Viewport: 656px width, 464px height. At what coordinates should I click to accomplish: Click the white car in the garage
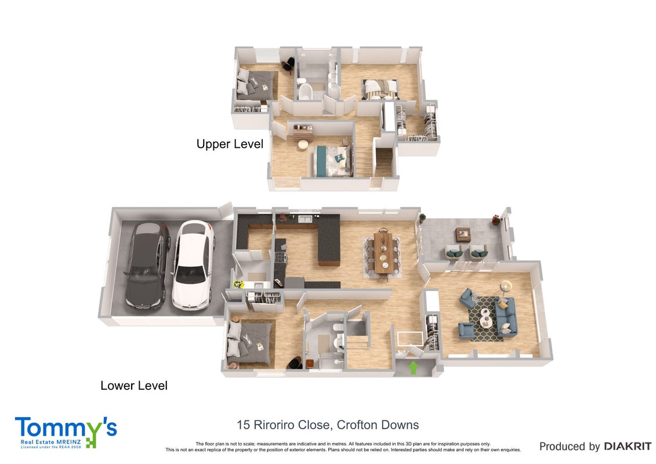click(193, 264)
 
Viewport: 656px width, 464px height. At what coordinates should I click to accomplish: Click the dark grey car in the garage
click(148, 266)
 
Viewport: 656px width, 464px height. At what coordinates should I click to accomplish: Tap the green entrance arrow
click(414, 367)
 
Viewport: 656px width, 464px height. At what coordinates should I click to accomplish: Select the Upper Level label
click(230, 144)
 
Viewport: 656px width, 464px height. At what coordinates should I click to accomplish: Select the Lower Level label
click(134, 385)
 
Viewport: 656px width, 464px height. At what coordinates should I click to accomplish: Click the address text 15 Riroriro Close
click(283, 425)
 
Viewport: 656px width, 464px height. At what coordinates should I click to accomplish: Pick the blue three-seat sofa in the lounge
click(506, 316)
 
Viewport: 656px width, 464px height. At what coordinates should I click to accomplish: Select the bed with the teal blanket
click(332, 160)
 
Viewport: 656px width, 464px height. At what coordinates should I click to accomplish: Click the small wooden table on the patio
click(463, 235)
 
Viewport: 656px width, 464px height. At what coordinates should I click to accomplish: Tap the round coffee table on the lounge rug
click(485, 317)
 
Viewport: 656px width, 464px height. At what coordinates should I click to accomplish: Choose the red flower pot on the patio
click(496, 220)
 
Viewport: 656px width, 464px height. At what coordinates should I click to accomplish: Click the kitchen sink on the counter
click(305, 218)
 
